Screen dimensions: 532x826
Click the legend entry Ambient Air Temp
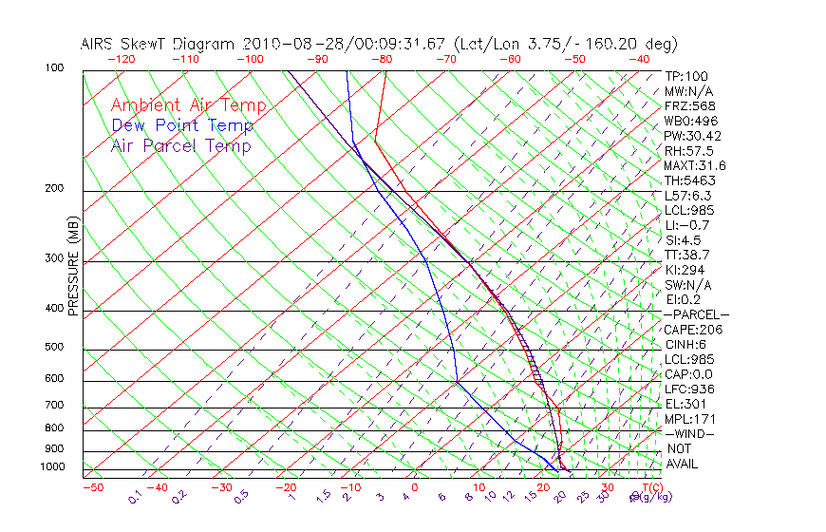[x=188, y=105]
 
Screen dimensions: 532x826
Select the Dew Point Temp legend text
[x=182, y=125]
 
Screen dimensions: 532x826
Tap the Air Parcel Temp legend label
[x=180, y=145]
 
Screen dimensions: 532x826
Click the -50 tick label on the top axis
[x=574, y=59]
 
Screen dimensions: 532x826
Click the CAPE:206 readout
[x=693, y=330]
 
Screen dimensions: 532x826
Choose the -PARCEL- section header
[x=696, y=314]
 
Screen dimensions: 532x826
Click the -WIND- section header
[x=689, y=433]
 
